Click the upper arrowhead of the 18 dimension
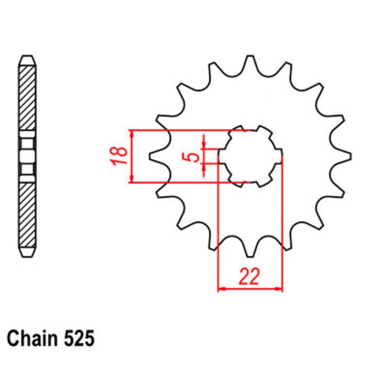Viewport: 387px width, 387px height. coord(132,134)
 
